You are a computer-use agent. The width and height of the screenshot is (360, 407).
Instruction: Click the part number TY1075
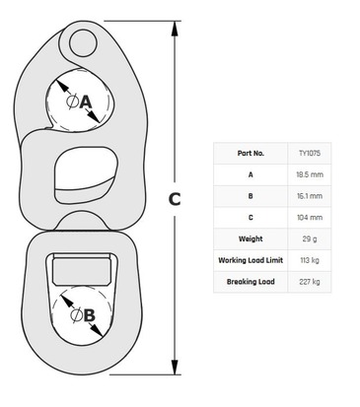pyautogui.click(x=310, y=153)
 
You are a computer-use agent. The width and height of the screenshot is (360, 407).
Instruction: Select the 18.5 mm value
pyautogui.click(x=310, y=174)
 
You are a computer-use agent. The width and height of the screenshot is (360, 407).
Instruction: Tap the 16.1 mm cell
pyautogui.click(x=310, y=196)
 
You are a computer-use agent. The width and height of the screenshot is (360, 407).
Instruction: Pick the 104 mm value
pyautogui.click(x=310, y=217)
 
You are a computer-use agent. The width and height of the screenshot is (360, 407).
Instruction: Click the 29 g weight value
pyautogui.click(x=310, y=238)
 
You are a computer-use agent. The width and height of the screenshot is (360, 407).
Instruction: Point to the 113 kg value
pyautogui.click(x=310, y=260)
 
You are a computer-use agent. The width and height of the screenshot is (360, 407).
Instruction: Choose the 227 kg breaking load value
pyautogui.click(x=310, y=282)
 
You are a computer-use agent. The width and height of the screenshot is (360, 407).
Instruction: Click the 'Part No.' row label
pyautogui.click(x=251, y=153)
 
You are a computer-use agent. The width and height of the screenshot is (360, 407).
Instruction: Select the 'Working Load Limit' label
pyautogui.click(x=251, y=260)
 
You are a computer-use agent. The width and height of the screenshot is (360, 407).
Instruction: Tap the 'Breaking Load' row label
pyautogui.click(x=251, y=282)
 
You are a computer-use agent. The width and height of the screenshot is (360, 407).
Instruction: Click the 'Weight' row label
pyautogui.click(x=251, y=238)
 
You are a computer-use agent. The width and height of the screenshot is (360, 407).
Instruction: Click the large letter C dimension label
pyautogui.click(x=175, y=199)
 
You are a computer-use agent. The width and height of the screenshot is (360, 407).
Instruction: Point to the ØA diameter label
pyautogui.click(x=79, y=102)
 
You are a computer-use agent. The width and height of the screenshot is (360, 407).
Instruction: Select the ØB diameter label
pyautogui.click(x=83, y=315)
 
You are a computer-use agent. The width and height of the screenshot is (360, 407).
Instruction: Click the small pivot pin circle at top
pyautogui.click(x=83, y=42)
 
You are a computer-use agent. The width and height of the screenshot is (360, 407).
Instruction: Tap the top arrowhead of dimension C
pyautogui.click(x=175, y=29)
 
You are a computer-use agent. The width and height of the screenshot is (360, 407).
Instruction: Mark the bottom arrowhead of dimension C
pyautogui.click(x=175, y=367)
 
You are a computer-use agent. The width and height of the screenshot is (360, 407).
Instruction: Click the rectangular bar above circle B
pyautogui.click(x=82, y=270)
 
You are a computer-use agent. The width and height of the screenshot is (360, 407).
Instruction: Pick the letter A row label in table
pyautogui.click(x=251, y=174)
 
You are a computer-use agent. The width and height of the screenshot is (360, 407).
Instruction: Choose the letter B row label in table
pyautogui.click(x=251, y=196)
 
